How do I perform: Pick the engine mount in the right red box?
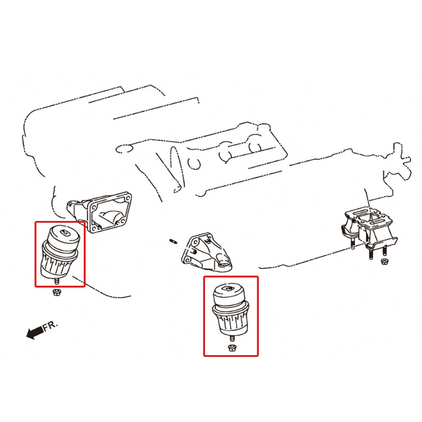pyautogui.click(x=231, y=312)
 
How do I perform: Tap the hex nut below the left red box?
pyautogui.click(x=57, y=292)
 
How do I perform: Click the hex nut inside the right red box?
pyautogui.click(x=231, y=348)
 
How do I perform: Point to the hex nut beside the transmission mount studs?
pyautogui.click(x=384, y=261)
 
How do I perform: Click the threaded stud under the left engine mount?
pyautogui.click(x=57, y=281)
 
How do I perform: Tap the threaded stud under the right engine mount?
pyautogui.click(x=231, y=338)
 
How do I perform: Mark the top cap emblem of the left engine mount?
pyautogui.click(x=65, y=232)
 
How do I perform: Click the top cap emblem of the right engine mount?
pyautogui.click(x=229, y=289)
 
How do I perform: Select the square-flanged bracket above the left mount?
pyautogui.click(x=100, y=212)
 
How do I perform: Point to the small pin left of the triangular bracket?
pyautogui.click(x=173, y=241)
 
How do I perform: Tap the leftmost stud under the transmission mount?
pyautogui.click(x=352, y=244)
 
